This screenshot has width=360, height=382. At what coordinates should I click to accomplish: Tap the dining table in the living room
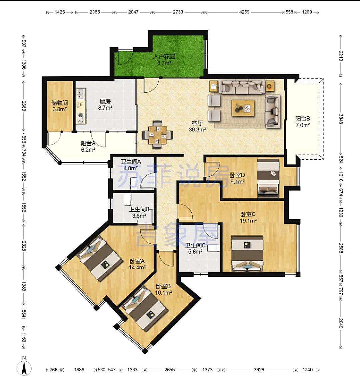coord(157,134)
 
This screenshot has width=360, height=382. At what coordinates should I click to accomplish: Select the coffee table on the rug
coord(243,108)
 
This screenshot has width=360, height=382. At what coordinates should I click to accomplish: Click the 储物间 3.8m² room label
coord(60,106)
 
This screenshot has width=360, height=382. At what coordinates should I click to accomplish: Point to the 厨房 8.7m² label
coord(105,104)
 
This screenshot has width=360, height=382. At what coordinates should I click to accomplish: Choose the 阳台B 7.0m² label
coord(303,122)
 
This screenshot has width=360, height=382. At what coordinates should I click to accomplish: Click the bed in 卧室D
coord(268,178)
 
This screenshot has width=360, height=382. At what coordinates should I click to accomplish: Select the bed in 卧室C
coord(247,253)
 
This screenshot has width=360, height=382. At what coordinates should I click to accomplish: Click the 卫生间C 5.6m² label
coord(195,248)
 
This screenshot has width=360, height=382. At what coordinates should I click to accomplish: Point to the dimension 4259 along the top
coord(244,12)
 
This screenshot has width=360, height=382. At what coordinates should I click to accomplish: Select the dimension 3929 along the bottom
coord(259,370)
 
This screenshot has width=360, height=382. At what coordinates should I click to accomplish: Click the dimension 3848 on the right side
coord(341,119)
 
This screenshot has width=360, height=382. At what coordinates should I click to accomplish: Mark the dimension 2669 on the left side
coord(24,106)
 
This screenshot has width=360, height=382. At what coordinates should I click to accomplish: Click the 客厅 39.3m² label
coord(197,126)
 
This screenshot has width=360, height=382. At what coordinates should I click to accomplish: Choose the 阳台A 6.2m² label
coord(88,146)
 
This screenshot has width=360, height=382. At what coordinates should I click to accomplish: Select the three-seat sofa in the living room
coord(242,86)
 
